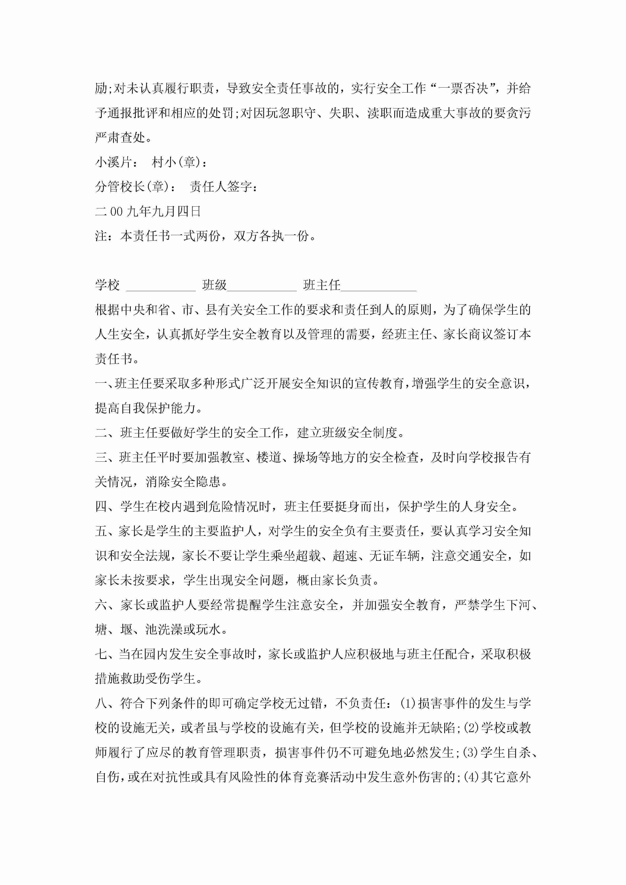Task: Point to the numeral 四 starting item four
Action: click(102, 507)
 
